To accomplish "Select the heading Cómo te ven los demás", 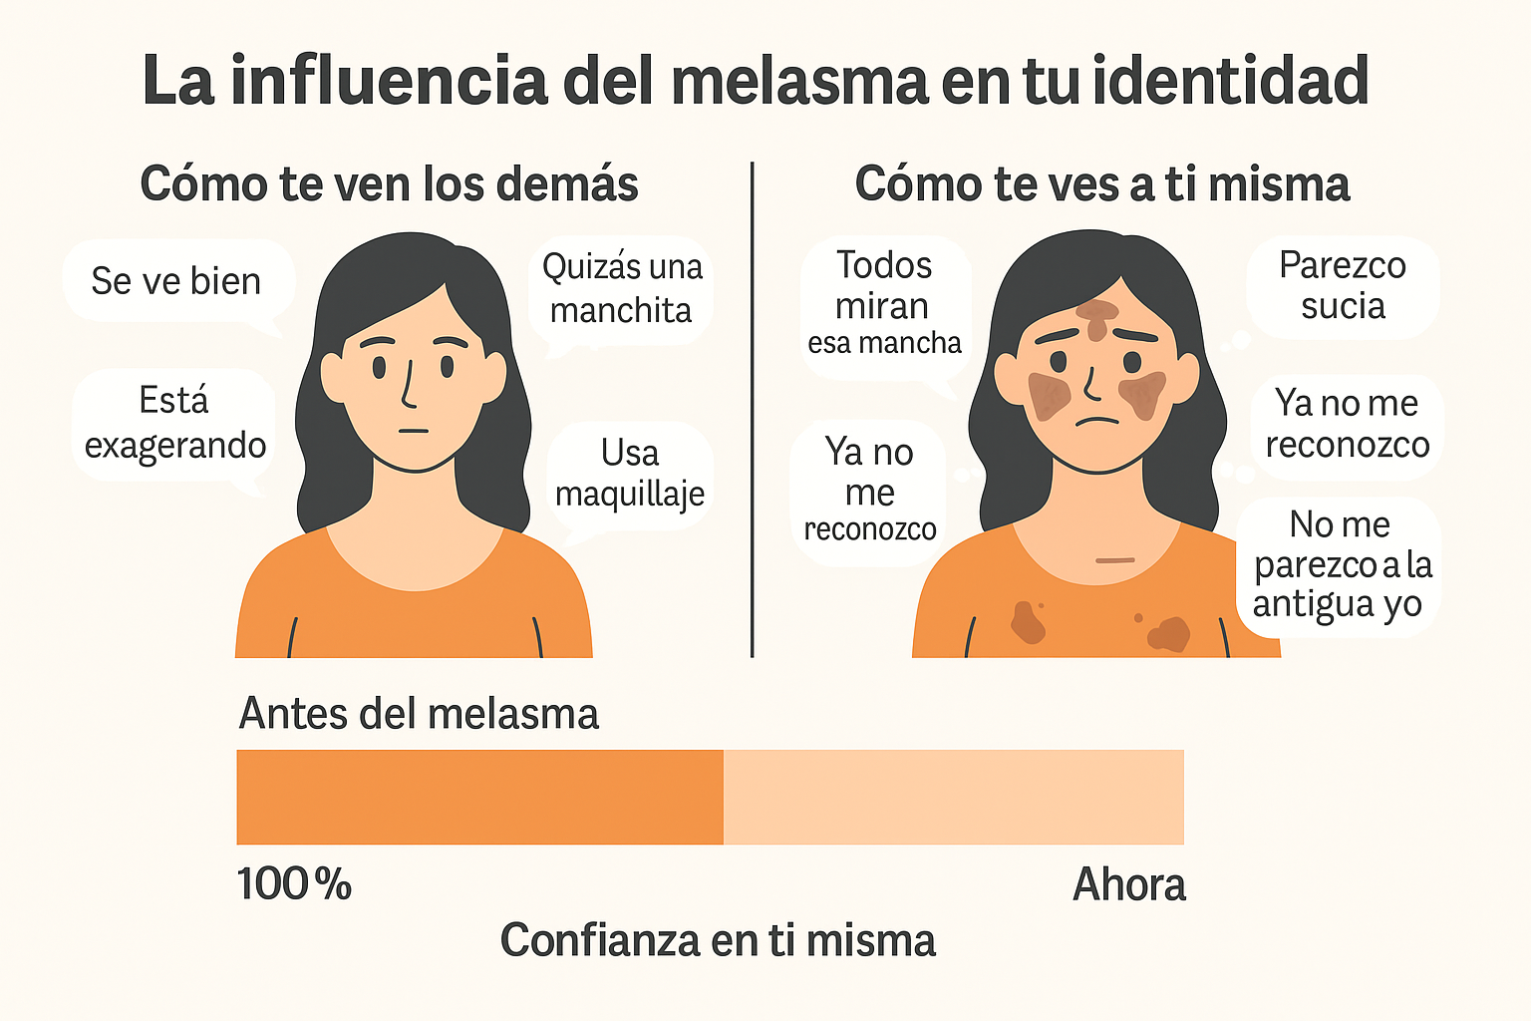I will pos(389,184).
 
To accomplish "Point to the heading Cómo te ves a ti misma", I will pos(1102,184).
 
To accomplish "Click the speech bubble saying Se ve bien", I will pos(176,281).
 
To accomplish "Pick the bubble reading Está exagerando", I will pos(174,424).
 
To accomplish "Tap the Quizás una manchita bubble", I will pos(621,289).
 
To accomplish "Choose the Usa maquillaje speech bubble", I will pos(630,474).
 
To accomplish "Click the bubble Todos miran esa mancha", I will pos(884,304).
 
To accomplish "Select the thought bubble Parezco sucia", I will pos(1343,286).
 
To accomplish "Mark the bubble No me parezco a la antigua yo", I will pos(1340,564).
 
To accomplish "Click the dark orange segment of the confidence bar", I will pos(479,797).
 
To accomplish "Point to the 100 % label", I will pos(294,884).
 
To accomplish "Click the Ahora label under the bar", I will pos(1129,884).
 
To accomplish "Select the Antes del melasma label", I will pos(419,714).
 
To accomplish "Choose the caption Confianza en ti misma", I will pos(718,940).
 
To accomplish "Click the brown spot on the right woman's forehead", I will pos(1097,317).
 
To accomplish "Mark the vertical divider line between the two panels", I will pos(753,409).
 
